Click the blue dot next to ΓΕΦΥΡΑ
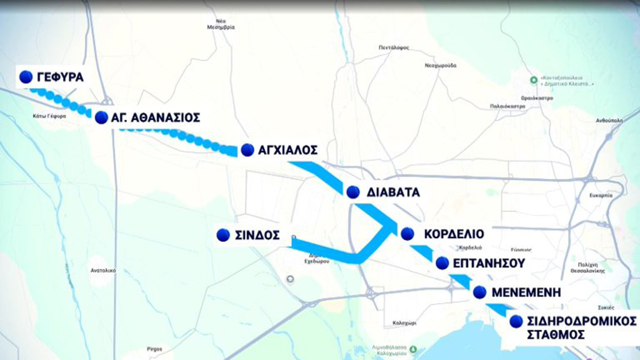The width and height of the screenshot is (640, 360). click(26, 77)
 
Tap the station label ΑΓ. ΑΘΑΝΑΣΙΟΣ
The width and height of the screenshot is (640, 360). click(155, 118)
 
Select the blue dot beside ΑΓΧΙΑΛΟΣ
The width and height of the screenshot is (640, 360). click(248, 150)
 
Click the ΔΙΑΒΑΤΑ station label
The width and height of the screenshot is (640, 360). click(393, 192)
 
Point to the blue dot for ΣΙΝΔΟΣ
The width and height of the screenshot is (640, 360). click(223, 235)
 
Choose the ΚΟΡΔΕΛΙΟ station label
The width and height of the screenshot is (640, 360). click(454, 234)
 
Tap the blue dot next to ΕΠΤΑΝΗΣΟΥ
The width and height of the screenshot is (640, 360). click(442, 263)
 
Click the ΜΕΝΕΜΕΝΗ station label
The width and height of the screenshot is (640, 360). click(526, 292)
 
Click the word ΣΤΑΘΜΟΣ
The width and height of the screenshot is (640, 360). click(556, 334)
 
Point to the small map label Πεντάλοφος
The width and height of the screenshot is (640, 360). click(394, 48)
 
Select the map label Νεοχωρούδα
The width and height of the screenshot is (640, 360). click(440, 65)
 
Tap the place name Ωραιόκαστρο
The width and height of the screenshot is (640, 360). click(537, 98)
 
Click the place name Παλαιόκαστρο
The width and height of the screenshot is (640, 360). click(507, 106)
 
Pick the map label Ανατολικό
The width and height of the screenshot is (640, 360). click(103, 270)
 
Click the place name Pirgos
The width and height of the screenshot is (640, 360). click(154, 349)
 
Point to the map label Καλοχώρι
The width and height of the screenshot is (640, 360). click(404, 323)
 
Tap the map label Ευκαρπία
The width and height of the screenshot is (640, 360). click(601, 195)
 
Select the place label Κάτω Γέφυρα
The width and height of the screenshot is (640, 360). click(50, 116)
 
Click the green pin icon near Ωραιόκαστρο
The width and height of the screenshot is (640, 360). click(533, 80)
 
